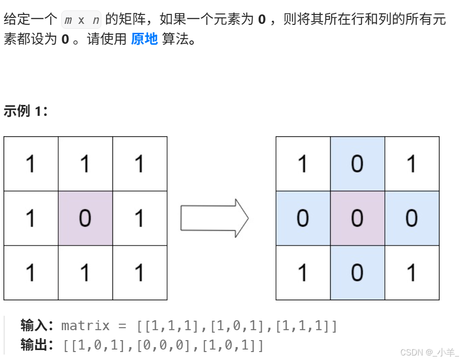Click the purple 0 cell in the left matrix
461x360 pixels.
click(85, 218)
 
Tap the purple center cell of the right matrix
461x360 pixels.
click(357, 218)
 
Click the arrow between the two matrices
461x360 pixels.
click(214, 218)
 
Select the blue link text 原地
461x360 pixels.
click(144, 39)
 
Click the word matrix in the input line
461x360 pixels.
click(85, 326)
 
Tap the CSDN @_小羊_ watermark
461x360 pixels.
click(429, 352)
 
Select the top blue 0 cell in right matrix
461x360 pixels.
click(357, 164)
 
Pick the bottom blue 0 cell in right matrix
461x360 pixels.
click(357, 272)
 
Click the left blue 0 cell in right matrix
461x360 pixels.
click(303, 218)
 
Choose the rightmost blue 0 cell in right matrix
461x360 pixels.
click(412, 218)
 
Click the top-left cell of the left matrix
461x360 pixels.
click(31, 164)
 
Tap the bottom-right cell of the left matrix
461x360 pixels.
click(140, 272)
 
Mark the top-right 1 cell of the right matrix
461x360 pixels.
click(412, 164)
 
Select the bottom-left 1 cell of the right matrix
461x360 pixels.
click(303, 272)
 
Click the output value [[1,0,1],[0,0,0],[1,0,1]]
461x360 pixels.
click(163, 344)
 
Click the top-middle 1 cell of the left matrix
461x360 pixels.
click(85, 164)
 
